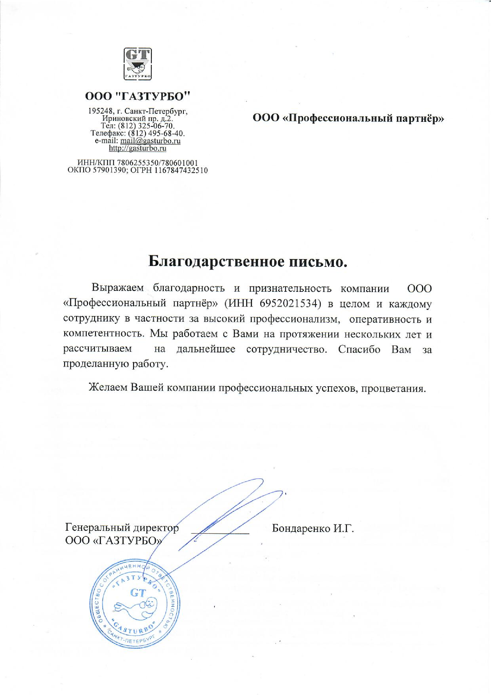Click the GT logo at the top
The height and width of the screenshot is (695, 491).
[x=138, y=64]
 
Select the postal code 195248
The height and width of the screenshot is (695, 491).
[x=98, y=111]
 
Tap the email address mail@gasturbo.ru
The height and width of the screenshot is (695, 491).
[x=150, y=141]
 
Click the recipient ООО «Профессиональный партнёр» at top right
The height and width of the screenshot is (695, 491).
[x=348, y=118]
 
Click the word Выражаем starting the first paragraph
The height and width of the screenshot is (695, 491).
[x=118, y=288]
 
